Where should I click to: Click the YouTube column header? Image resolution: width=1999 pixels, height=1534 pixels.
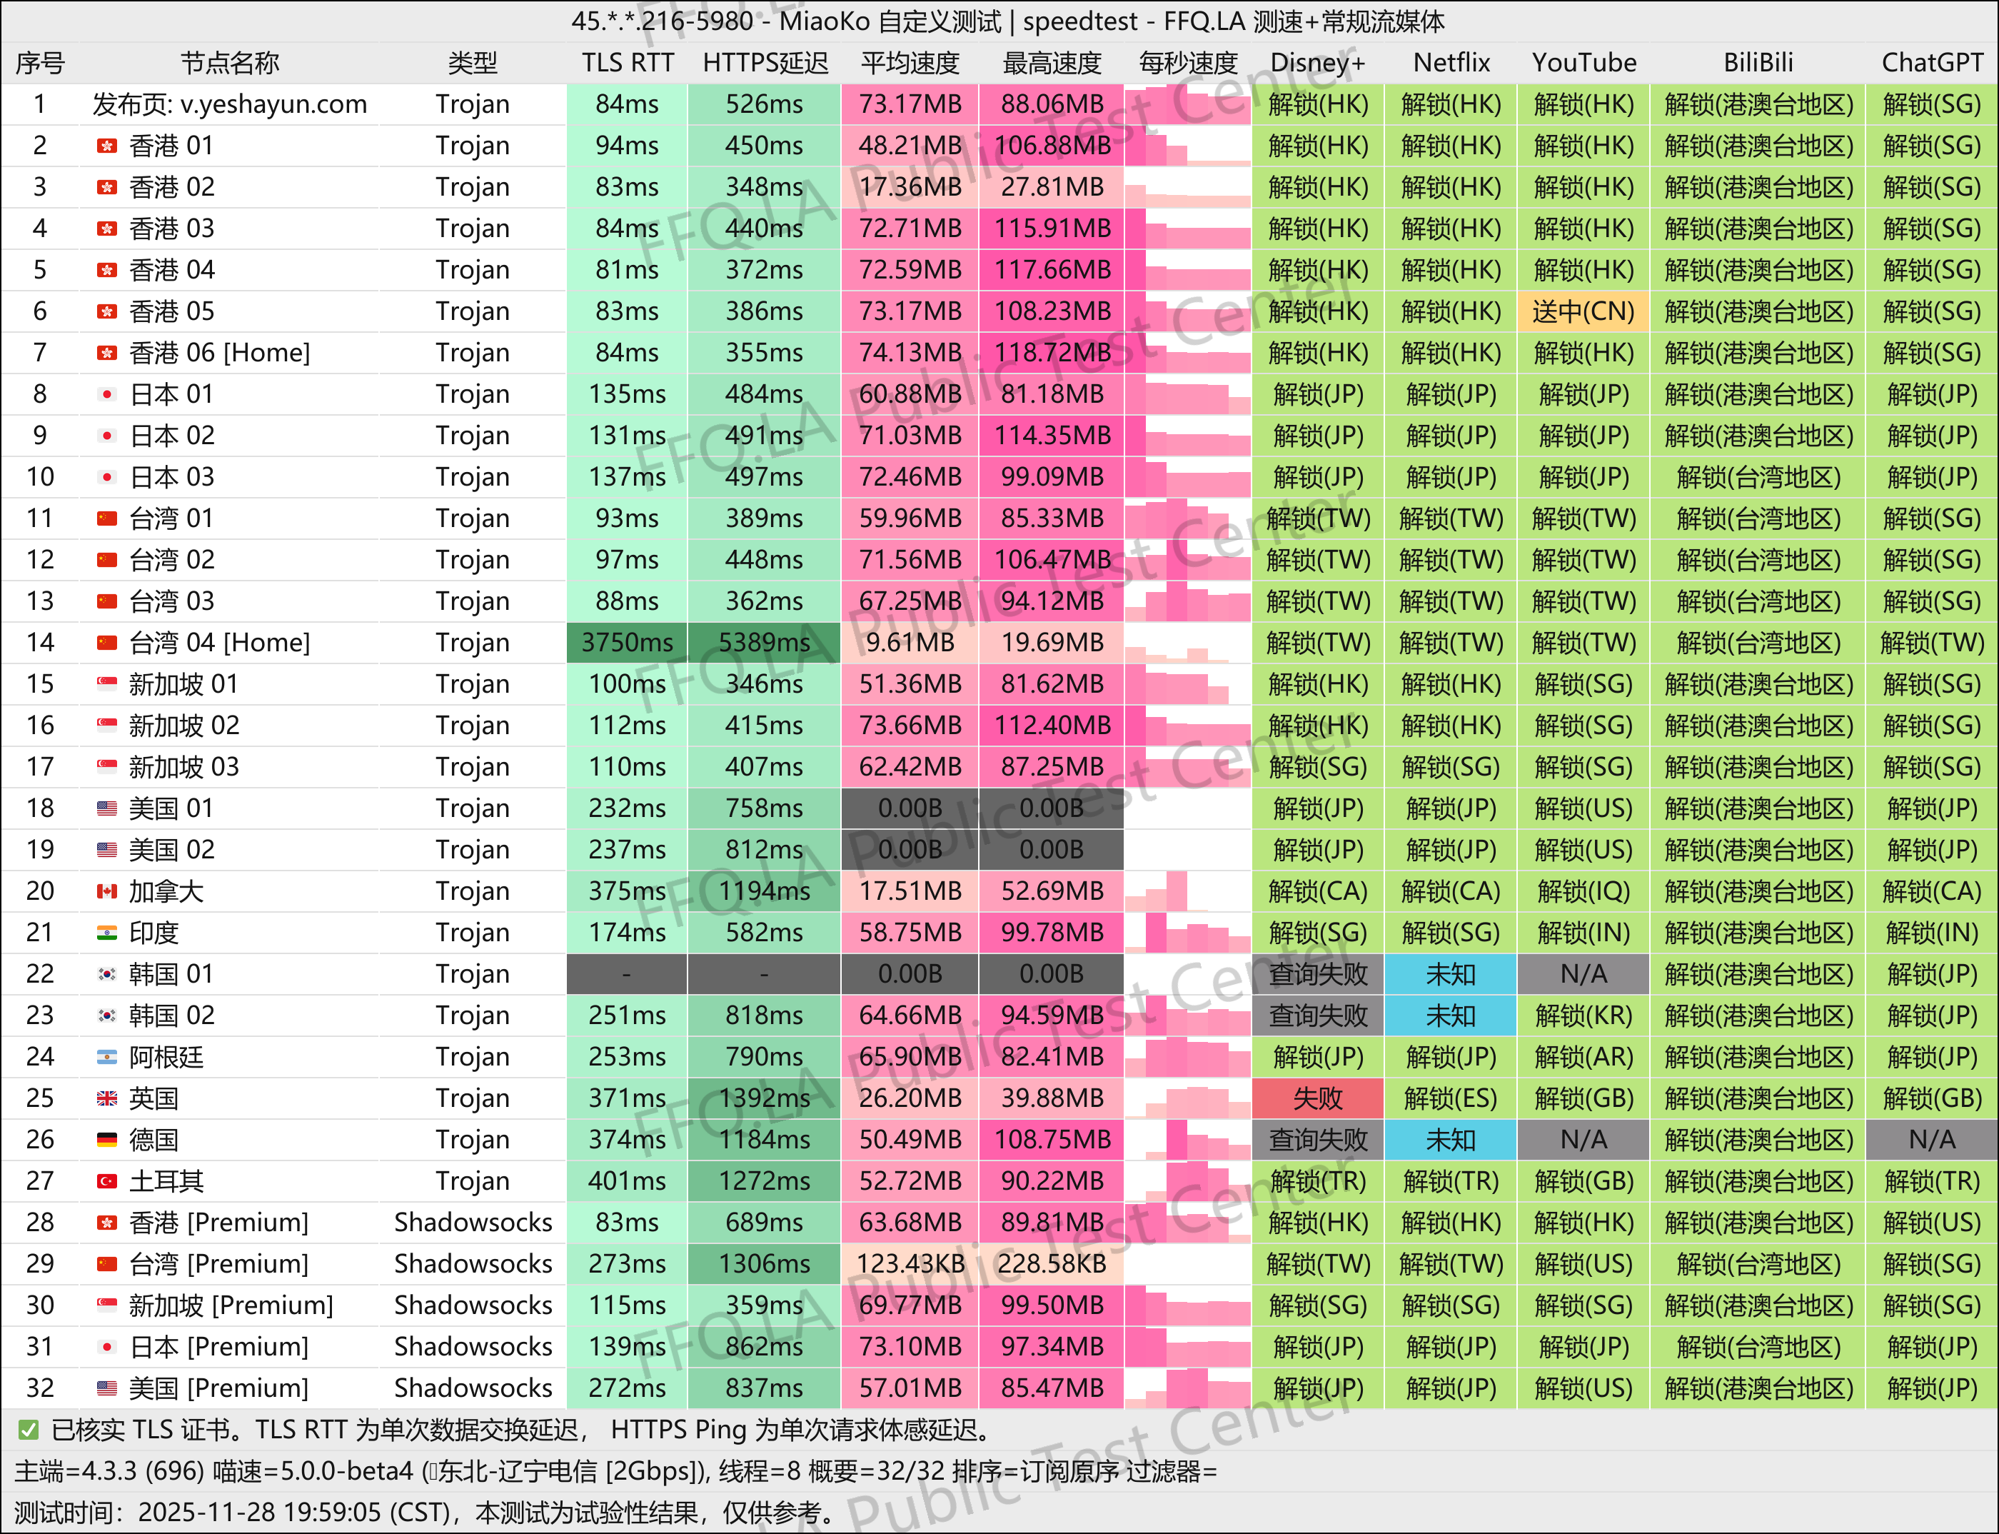click(x=1583, y=63)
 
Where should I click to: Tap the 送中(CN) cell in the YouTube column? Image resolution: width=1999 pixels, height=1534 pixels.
click(x=1583, y=311)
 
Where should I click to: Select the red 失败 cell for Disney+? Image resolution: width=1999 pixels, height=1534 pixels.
click(x=1318, y=1098)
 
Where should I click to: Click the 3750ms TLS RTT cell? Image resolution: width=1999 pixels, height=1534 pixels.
click(x=627, y=643)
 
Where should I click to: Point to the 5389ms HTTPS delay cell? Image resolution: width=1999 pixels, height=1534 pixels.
click(x=764, y=643)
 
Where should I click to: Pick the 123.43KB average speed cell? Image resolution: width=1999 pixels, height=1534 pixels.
click(x=910, y=1264)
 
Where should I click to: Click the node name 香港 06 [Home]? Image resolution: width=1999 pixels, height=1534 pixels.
click(x=219, y=353)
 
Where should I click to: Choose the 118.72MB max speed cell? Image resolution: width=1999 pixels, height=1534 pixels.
click(x=1052, y=353)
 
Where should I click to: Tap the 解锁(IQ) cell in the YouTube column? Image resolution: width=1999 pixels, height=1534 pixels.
click(x=1583, y=891)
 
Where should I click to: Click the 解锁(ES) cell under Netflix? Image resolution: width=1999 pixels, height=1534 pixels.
click(x=1451, y=1098)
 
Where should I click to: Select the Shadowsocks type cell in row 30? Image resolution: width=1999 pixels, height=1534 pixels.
click(x=473, y=1305)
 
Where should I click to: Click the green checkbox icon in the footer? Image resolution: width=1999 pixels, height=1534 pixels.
click(x=29, y=1430)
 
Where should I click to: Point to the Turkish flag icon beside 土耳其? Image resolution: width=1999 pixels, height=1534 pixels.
click(x=107, y=1181)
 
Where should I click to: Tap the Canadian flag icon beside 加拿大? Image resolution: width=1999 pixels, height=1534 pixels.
click(x=107, y=891)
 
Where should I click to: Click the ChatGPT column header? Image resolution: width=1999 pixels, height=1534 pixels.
click(x=1931, y=63)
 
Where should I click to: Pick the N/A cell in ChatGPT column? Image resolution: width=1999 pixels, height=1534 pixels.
click(x=1931, y=1140)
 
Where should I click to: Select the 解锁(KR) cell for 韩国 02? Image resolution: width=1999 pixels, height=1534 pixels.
click(x=1583, y=1016)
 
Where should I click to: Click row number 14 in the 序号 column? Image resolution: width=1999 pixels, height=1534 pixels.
click(x=40, y=643)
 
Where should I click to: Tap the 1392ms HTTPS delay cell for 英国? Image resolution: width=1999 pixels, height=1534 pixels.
click(x=764, y=1098)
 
